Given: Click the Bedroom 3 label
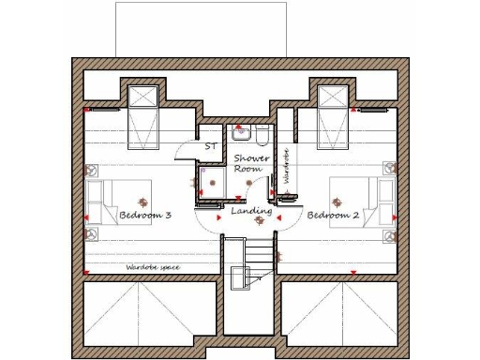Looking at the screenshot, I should [x=144, y=216].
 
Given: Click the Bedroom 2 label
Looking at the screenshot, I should [x=334, y=216].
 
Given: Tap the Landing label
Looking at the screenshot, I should [x=251, y=212].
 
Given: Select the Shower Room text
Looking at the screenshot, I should [x=251, y=163].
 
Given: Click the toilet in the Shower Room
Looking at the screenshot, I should [x=262, y=133].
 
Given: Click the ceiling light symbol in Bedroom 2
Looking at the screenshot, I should [x=337, y=200].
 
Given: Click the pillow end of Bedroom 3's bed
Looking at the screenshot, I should [x=95, y=201].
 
